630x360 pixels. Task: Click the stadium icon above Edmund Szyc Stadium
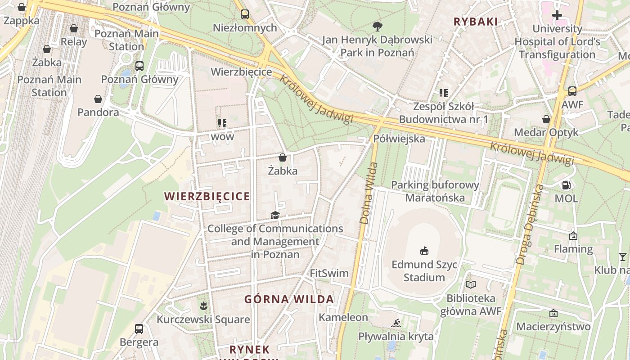[423, 250]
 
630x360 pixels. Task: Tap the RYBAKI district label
[476, 22]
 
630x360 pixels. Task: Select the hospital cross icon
[557, 15]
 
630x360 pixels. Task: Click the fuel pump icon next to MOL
[567, 185]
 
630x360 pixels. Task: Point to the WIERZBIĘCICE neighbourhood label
[207, 196]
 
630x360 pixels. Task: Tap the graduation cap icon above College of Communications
[275, 215]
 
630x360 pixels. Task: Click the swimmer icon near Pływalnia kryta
[396, 323]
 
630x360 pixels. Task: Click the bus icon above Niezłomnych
[244, 14]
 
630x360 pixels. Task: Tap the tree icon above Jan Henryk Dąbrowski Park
[377, 26]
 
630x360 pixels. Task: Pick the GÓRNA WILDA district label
[289, 299]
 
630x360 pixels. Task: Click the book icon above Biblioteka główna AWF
[470, 284]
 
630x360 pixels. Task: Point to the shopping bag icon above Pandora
[98, 99]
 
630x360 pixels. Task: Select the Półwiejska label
[399, 139]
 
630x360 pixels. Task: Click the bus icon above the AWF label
[572, 91]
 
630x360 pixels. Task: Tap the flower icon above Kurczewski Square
[203, 306]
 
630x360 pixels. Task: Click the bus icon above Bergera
[139, 329]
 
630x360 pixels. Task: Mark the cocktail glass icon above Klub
[622, 257]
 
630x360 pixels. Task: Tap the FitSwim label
[329, 273]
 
